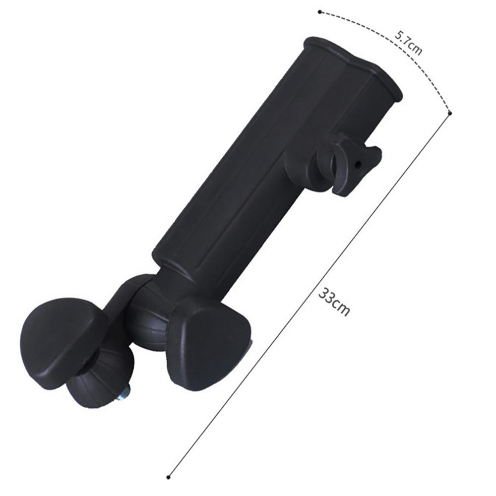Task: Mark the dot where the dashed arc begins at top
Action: (x=320, y=11)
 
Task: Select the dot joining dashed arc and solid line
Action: (x=450, y=113)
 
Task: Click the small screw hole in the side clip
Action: (x=359, y=163)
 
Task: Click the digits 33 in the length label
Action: (x=327, y=297)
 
